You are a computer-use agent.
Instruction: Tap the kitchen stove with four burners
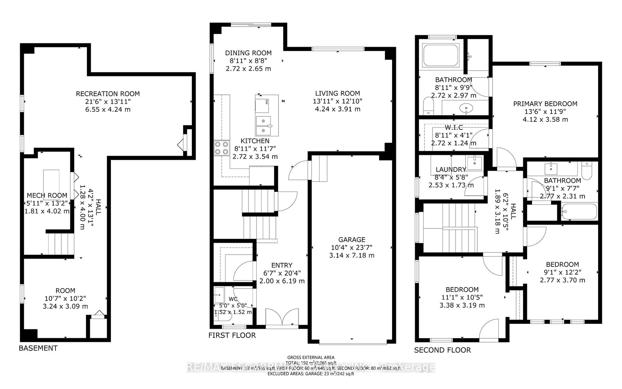tap(222, 148)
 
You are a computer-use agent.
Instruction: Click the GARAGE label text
tap(352, 240)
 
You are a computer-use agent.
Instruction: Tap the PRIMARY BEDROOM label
tap(545, 104)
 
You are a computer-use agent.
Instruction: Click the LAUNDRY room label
tap(451, 170)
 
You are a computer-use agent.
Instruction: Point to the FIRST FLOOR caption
tap(232, 335)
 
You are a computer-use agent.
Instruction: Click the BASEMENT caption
tap(38, 348)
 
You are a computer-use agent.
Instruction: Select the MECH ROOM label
tap(47, 195)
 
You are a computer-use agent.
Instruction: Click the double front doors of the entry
tap(282, 318)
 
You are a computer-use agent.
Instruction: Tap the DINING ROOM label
tap(248, 53)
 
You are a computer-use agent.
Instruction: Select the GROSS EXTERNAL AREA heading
tap(311, 357)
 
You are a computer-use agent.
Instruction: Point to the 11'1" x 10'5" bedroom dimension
tap(462, 297)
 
